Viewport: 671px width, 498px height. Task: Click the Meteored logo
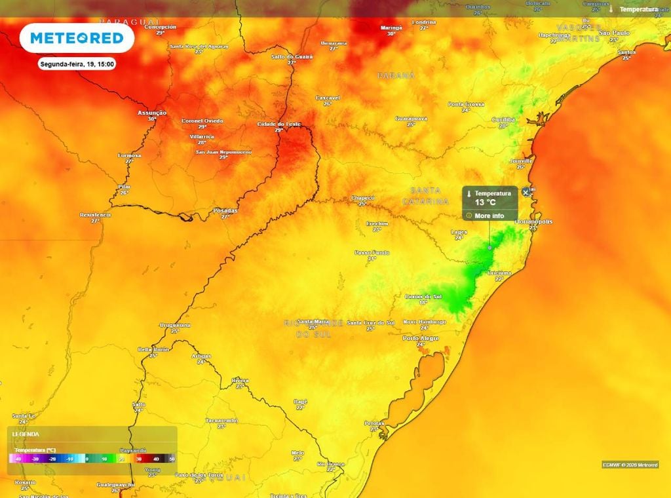[77, 38]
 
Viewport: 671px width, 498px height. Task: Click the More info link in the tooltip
[489, 216]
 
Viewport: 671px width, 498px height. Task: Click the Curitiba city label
[503, 119]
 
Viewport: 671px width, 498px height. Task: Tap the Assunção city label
[152, 113]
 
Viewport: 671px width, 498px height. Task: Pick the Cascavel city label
[328, 98]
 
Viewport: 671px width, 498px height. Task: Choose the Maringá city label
[391, 28]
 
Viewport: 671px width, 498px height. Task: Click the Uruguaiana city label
[175, 325]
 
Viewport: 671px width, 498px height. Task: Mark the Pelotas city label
[375, 423]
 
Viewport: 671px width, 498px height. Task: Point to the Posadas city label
[225, 210]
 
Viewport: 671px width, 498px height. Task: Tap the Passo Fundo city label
[372, 252]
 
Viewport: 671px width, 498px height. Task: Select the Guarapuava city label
[411, 118]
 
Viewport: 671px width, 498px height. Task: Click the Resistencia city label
[95, 214]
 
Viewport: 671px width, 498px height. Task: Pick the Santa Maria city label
[313, 321]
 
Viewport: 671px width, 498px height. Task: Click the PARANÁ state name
[396, 76]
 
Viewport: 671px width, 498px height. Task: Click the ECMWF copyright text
[630, 465]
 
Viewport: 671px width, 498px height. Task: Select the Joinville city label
[521, 161]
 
